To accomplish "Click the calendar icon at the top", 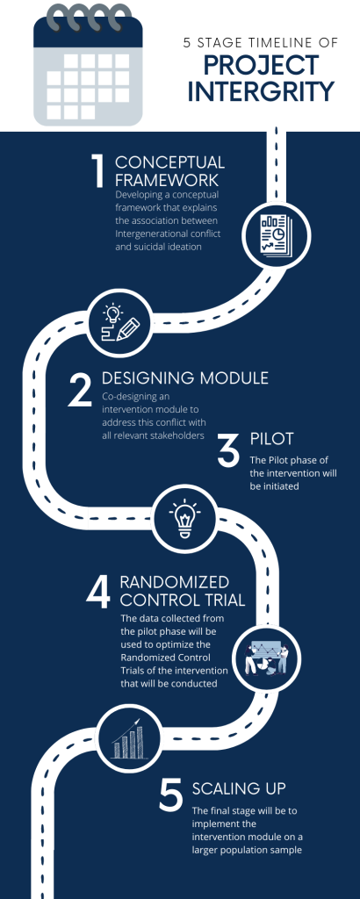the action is [x=88, y=65].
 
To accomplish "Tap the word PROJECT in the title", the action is [x=262, y=65].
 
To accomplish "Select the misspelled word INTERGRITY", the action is [x=261, y=92].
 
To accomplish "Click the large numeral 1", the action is [x=98, y=170].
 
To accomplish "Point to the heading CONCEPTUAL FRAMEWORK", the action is [x=169, y=169].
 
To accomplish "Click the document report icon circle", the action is [x=276, y=235].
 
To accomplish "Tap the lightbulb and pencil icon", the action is [x=120, y=321].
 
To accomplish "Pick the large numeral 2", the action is [x=80, y=389].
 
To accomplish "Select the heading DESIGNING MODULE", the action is [x=185, y=378].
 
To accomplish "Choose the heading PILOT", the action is [x=271, y=439].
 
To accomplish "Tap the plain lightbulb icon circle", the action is [x=184, y=520].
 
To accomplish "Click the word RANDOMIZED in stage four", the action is [x=174, y=583].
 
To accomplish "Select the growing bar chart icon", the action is [x=128, y=738].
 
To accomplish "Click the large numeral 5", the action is [x=170, y=795].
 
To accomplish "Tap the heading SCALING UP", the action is [x=239, y=788].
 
